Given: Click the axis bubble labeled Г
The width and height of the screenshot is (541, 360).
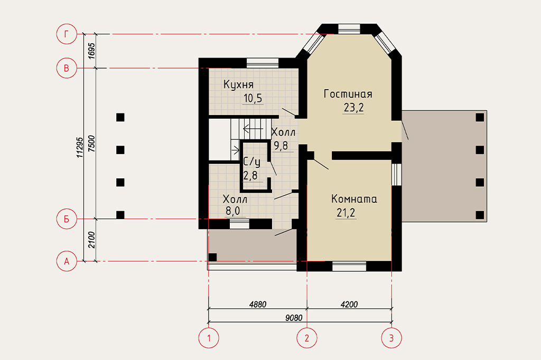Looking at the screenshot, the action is pyautogui.click(x=66, y=34).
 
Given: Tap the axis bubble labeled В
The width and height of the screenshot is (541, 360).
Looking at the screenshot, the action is pyautogui.click(x=66, y=68).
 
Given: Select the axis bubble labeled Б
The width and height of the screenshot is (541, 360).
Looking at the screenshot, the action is pyautogui.click(x=66, y=219).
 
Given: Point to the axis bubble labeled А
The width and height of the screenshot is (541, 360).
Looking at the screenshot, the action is pyautogui.click(x=66, y=261).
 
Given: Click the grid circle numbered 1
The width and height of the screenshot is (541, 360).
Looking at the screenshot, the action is pyautogui.click(x=208, y=338).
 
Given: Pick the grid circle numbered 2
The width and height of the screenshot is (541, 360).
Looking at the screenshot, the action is pyautogui.click(x=307, y=338).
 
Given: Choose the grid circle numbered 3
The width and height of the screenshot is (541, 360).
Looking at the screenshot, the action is pyautogui.click(x=391, y=338).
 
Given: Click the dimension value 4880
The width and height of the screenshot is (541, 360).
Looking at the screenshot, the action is pyautogui.click(x=258, y=304).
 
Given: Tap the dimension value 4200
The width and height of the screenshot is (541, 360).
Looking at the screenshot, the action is pyautogui.click(x=349, y=304).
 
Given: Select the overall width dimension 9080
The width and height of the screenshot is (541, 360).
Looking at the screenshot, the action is pyautogui.click(x=294, y=318).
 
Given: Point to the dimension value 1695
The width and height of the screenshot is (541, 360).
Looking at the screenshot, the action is pyautogui.click(x=91, y=51).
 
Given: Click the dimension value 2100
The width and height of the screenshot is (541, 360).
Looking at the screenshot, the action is pyautogui.click(x=91, y=240).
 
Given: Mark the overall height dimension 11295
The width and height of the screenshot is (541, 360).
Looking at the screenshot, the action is pyautogui.click(x=80, y=148).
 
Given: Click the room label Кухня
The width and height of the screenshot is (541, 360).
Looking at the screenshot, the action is pyautogui.click(x=238, y=84).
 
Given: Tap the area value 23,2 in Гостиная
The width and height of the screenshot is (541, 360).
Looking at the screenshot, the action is pyautogui.click(x=353, y=108).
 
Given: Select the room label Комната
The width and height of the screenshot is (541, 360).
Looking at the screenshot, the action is pyautogui.click(x=354, y=198).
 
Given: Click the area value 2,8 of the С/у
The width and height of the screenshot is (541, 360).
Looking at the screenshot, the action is pyautogui.click(x=250, y=176).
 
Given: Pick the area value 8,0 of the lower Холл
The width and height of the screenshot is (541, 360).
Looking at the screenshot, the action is pyautogui.click(x=233, y=211).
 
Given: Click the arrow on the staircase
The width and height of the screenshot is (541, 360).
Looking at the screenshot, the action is pyautogui.click(x=253, y=129).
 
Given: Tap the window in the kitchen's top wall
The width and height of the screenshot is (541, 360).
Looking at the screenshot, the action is pyautogui.click(x=263, y=63).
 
